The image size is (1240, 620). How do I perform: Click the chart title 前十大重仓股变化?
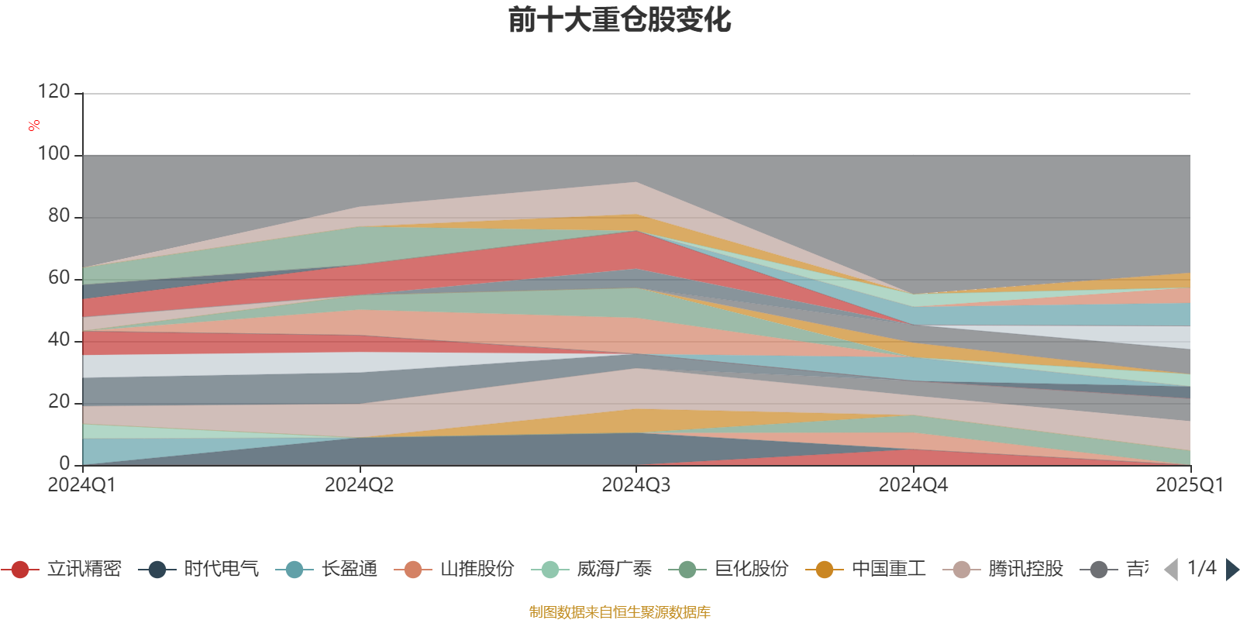620,20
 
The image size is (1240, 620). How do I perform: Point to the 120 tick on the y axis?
53,92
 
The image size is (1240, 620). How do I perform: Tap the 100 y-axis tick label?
53,154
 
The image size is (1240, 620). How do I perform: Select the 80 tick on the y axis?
58,216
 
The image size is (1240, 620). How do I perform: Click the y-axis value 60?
58,278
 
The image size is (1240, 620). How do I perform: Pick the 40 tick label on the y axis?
58,340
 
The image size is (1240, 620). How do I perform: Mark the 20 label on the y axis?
58,402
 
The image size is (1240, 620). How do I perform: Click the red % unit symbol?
34,126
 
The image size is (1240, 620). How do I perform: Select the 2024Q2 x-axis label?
359,485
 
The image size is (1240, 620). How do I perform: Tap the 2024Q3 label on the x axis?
635,485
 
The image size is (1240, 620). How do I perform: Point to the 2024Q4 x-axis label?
913,485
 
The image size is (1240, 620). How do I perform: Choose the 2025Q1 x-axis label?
1189,485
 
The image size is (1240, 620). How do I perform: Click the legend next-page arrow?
1231,570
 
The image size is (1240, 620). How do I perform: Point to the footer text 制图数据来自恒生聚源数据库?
619,612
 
